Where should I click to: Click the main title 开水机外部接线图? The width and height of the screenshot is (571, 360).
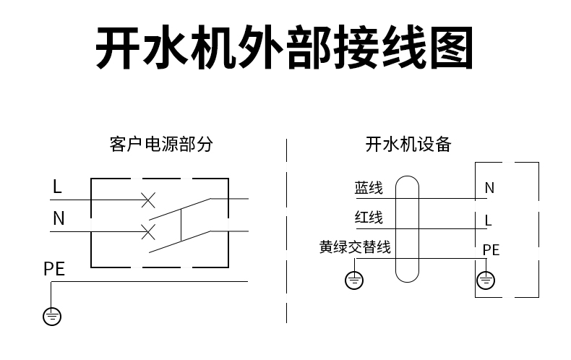point(284,48)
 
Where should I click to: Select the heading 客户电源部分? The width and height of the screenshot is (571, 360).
point(161,144)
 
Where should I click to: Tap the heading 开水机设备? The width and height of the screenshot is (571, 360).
point(408,145)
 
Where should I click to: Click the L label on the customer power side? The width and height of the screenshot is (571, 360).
point(57,187)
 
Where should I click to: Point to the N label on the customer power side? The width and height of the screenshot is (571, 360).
point(59,218)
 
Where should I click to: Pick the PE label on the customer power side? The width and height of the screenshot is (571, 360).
point(54,269)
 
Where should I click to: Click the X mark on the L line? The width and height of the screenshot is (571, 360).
point(148,200)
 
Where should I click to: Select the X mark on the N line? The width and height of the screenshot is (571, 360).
point(148,232)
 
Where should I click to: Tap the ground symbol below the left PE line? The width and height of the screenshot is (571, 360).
point(52,317)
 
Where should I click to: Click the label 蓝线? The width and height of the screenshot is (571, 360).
point(369,188)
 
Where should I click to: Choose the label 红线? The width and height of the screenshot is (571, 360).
point(369,218)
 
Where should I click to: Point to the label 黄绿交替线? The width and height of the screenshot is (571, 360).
point(355,247)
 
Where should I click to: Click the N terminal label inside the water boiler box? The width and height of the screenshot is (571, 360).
point(489,188)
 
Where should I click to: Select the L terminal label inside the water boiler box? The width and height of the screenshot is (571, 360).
point(489,220)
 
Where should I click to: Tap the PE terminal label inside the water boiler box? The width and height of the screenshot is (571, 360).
point(491,250)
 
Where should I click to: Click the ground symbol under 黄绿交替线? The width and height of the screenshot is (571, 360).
point(354,280)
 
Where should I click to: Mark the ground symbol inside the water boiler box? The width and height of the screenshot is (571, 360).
point(486,280)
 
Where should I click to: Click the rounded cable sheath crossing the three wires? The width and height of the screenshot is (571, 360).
point(396,229)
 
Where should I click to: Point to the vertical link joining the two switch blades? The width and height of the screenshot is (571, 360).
point(181,226)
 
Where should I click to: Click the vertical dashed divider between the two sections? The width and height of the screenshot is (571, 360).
point(287,231)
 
